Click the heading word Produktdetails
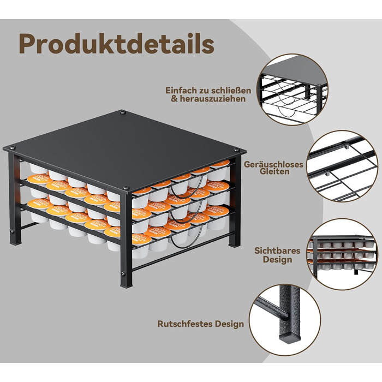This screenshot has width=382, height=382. point(117,44)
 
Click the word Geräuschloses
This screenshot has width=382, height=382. point(273,164)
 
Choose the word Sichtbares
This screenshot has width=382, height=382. point(277,250)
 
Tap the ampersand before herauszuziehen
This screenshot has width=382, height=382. point(175,99)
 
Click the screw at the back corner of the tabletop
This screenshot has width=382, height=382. point(123,112)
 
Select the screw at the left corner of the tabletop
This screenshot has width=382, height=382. point(12,148)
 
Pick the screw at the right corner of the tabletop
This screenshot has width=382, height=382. point(236,150)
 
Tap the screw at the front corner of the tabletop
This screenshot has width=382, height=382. point(126,188)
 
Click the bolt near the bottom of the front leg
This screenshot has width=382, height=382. point(122,273)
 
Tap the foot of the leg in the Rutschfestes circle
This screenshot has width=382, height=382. point(290,338)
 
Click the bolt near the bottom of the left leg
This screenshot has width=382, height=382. point(11,231)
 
